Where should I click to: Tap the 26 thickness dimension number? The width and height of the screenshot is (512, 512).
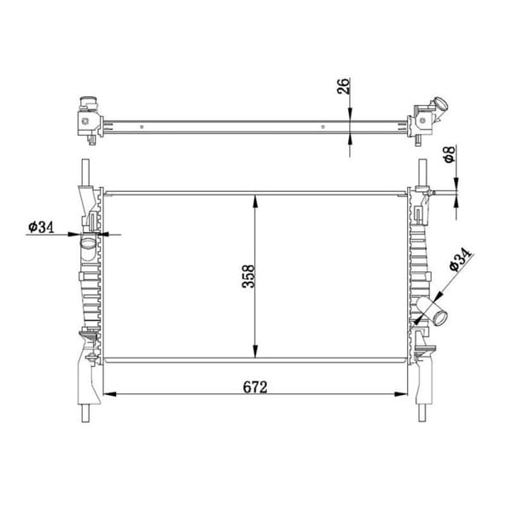click(x=344, y=88)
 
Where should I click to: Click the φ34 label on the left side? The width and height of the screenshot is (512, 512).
click(x=41, y=227)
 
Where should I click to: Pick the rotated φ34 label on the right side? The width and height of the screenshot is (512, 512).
click(x=460, y=259)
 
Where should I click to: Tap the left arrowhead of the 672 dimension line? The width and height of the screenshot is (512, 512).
click(x=108, y=394)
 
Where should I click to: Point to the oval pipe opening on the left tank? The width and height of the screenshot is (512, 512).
click(x=89, y=245)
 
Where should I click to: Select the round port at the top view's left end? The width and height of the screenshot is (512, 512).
click(x=84, y=107)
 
